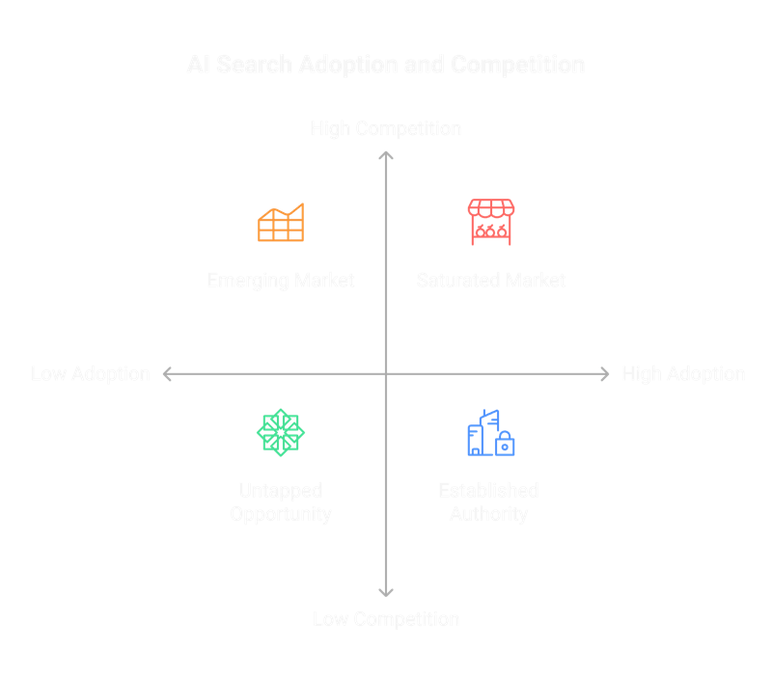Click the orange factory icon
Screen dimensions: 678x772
[x=281, y=223]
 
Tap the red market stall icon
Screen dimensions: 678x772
[x=491, y=223]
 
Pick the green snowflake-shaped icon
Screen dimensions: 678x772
[x=281, y=432]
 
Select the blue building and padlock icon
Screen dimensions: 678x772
[x=490, y=433]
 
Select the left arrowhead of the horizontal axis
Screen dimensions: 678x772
[x=167, y=373]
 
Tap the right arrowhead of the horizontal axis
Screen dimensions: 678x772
[x=605, y=373]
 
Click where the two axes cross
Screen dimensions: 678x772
[x=386, y=373]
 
